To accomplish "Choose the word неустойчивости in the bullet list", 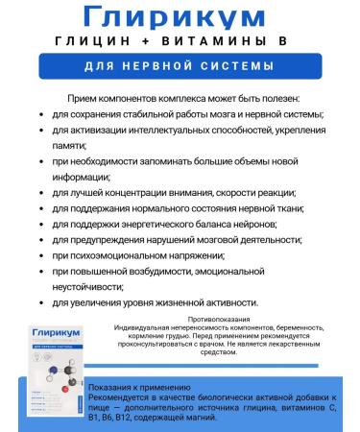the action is point(97,287).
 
